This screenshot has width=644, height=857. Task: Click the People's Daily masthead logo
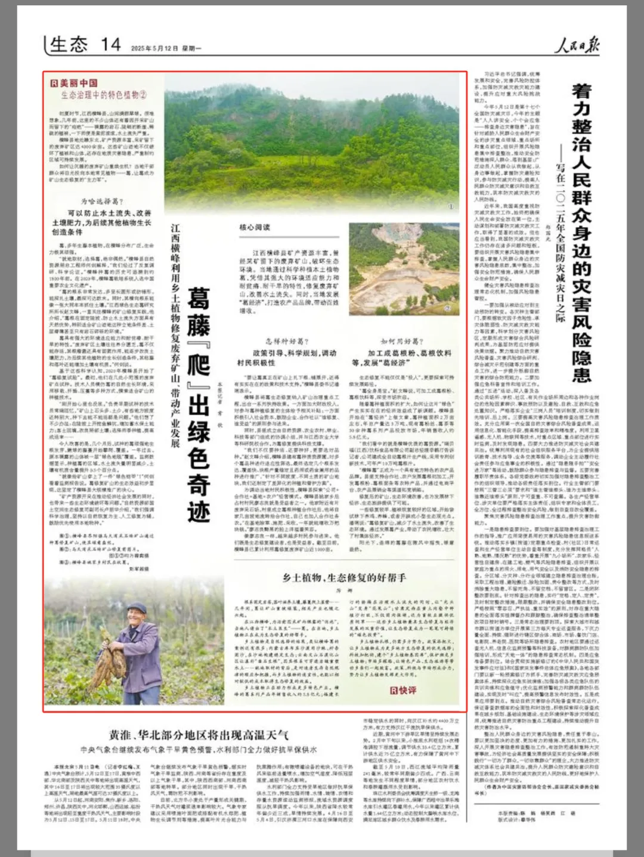coord(577,45)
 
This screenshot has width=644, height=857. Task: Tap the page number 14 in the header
coord(110,45)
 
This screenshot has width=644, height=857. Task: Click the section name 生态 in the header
coord(69,45)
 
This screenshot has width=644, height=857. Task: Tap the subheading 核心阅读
coord(255,227)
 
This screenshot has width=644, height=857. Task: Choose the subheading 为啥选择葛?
coord(102,202)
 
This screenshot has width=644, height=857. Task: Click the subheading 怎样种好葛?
coord(287,341)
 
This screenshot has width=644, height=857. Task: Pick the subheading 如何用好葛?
coord(402,341)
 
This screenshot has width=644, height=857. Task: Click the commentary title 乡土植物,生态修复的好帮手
coord(344,577)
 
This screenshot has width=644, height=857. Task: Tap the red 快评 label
coord(403,690)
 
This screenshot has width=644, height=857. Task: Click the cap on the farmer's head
coord(137,608)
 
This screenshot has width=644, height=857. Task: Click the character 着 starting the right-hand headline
coord(581,91)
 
